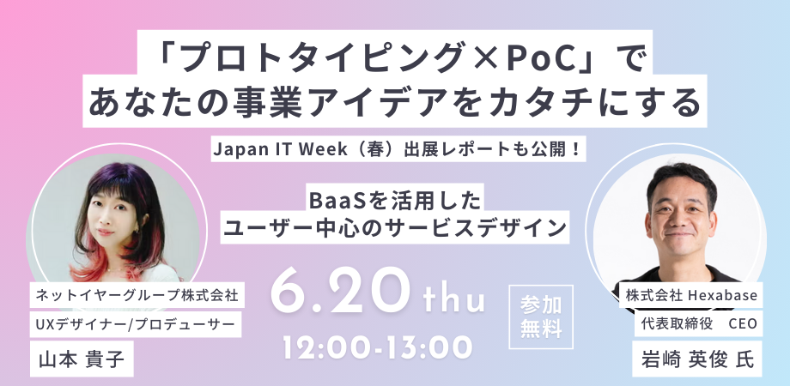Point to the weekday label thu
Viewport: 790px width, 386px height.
[454, 300]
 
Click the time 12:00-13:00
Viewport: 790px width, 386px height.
[377, 347]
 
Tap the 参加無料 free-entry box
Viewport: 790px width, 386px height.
[541, 317]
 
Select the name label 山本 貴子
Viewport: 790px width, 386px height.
[82, 359]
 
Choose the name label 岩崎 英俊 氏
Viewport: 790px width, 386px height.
[698, 359]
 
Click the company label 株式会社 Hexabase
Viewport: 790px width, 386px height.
[691, 295]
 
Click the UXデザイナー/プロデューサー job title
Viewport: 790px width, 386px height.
[136, 324]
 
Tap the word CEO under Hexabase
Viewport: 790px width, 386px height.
[743, 324]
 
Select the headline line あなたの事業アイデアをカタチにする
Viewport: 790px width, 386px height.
[395, 103]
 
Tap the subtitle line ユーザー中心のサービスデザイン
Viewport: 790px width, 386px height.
[395, 228]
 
